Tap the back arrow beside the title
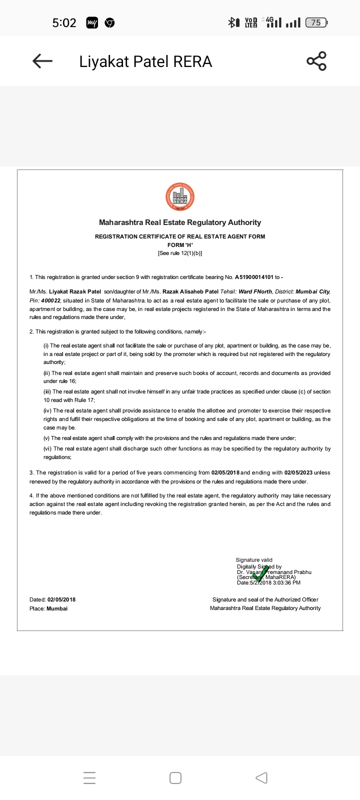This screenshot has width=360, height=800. pyautogui.click(x=42, y=61)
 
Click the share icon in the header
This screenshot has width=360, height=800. pyautogui.click(x=316, y=61)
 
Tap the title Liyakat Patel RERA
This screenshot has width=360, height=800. pyautogui.click(x=145, y=61)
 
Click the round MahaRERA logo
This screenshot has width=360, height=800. pyautogui.click(x=180, y=197)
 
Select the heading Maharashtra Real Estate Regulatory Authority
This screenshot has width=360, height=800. pyautogui.click(x=180, y=222)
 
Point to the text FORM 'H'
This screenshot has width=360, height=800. pyautogui.click(x=180, y=245)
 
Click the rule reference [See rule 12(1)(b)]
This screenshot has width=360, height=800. pyautogui.click(x=180, y=253)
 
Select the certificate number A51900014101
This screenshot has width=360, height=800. pyautogui.click(x=254, y=277)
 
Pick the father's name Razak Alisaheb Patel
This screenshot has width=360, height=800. pyautogui.click(x=190, y=291)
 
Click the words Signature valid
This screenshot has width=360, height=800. pyautogui.click(x=254, y=560)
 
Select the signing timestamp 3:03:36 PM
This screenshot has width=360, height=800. pyautogui.click(x=286, y=582)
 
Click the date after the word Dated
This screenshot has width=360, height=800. pyautogui.click(x=61, y=599)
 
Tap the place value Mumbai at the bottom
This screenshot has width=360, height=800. pyautogui.click(x=57, y=608)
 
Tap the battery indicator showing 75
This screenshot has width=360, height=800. pyautogui.click(x=316, y=22)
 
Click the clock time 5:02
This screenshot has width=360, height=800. pyautogui.click(x=64, y=22)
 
